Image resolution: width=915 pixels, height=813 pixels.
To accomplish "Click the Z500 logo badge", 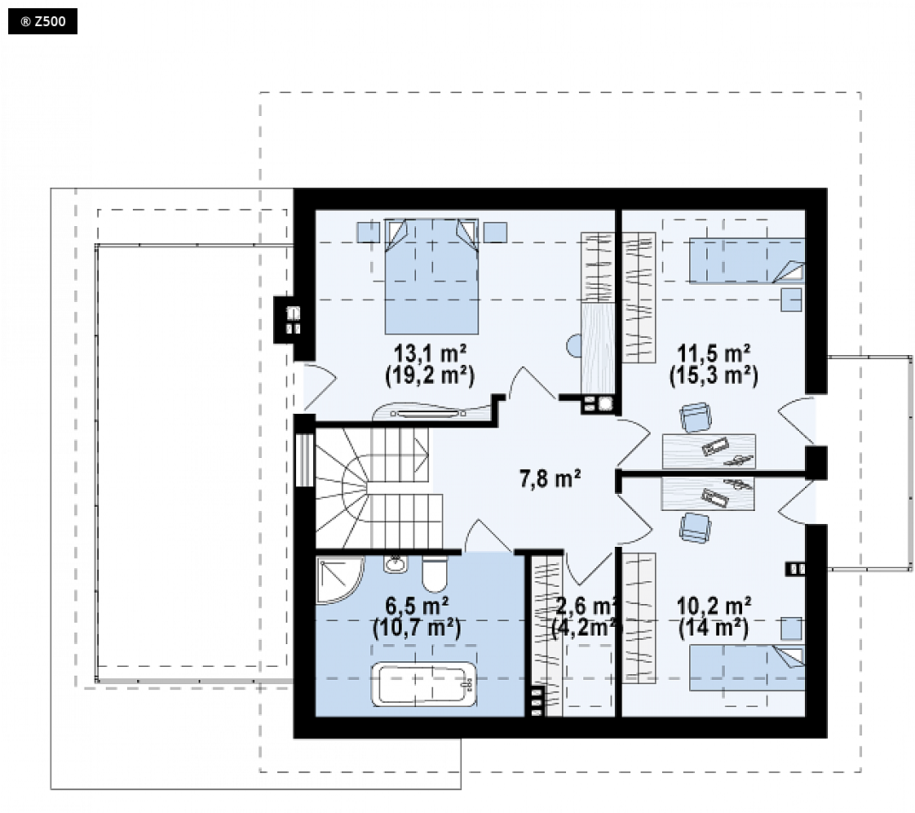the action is (42, 21).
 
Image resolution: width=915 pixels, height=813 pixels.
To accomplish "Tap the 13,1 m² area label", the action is (430, 353).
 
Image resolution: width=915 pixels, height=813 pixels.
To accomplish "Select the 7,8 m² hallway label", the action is (550, 478).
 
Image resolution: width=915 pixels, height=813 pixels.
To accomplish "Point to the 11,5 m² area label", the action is (714, 353).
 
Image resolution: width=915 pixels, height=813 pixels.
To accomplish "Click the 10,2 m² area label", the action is (714, 606).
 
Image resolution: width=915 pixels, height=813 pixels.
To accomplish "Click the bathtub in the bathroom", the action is (424, 684).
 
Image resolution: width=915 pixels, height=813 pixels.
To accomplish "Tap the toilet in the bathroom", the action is (435, 574).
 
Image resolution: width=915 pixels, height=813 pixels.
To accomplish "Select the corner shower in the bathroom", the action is (339, 580).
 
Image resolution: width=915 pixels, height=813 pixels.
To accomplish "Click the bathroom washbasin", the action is (395, 564).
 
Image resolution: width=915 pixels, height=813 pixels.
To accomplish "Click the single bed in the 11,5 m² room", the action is (747, 260).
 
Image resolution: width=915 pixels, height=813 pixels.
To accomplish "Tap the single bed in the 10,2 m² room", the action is (747, 668).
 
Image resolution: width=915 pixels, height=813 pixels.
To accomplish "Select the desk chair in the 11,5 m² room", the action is (696, 417).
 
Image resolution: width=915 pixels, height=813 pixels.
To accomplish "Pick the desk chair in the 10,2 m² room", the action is (695, 527).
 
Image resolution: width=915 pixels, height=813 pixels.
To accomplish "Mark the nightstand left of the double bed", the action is (369, 232).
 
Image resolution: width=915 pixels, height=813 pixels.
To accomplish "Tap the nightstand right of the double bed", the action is (495, 232).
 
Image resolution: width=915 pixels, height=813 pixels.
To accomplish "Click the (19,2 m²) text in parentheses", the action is (430, 375).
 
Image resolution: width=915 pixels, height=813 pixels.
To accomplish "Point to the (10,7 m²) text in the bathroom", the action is (417, 628).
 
